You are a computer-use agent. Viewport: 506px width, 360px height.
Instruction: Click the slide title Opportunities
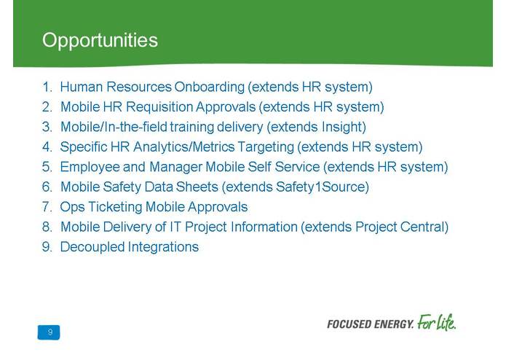(100, 40)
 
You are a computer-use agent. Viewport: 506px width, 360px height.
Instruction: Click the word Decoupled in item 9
(92, 247)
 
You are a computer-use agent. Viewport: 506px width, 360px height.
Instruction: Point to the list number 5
(47, 167)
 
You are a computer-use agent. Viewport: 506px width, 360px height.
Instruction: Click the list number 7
(47, 207)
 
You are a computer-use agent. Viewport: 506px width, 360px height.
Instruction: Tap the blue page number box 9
(50, 332)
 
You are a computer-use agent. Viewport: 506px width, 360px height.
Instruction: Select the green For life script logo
(436, 322)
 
